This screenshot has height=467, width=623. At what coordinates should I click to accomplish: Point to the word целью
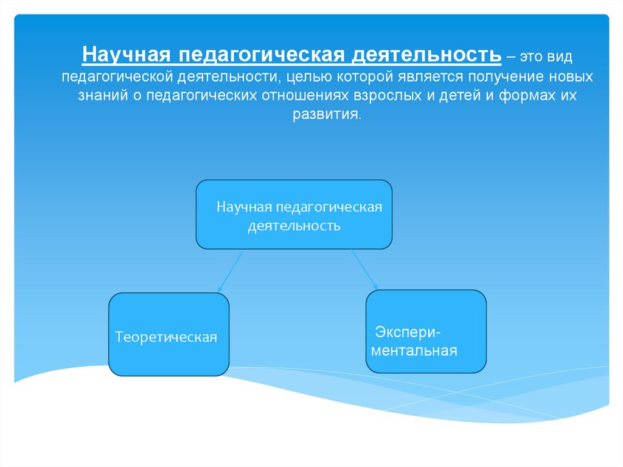click(308, 77)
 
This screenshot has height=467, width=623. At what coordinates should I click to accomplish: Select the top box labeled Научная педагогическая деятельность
click(294, 214)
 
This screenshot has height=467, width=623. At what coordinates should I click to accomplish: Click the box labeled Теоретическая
click(169, 334)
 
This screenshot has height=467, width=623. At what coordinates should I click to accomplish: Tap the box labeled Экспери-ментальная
click(426, 331)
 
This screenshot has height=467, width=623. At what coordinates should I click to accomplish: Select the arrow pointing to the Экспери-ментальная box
click(364, 269)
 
